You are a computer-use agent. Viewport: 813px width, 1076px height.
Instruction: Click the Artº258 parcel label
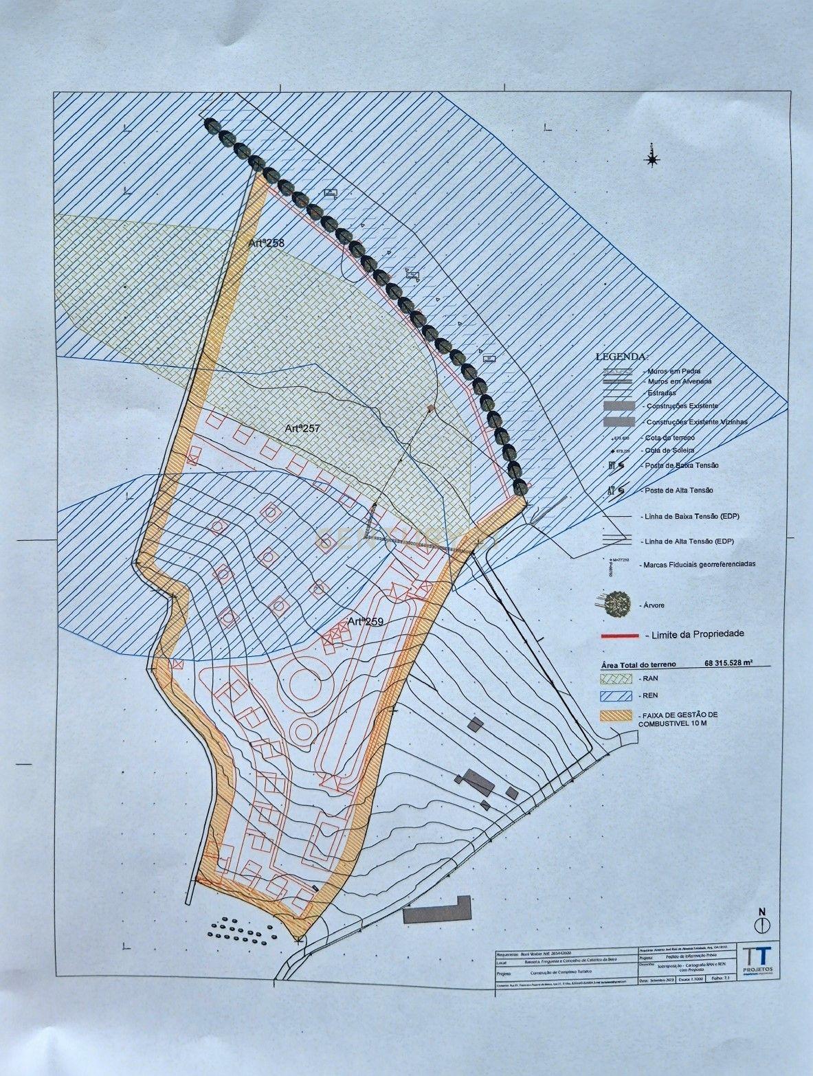266,243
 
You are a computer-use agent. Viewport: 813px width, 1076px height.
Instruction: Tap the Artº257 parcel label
303,428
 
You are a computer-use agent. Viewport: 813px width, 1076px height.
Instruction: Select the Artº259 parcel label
365,621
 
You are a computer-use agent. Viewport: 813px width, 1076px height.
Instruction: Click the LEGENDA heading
621,357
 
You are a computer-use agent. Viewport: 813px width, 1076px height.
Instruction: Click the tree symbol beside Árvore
618,603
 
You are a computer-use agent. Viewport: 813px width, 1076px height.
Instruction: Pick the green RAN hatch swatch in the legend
616,678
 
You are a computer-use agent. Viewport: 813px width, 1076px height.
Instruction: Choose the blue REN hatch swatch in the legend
616,695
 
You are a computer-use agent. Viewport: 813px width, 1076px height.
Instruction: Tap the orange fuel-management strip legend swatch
616,715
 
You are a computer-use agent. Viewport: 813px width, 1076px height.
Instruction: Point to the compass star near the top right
651,159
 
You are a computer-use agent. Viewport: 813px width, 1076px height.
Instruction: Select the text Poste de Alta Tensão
676,490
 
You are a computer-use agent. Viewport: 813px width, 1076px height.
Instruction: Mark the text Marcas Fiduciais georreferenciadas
698,564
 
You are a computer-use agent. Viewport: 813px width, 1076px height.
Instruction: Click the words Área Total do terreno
638,664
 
